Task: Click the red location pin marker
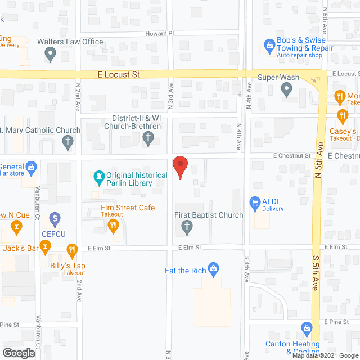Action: tap(180, 167)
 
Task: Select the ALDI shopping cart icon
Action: tap(255, 202)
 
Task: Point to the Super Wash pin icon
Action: tap(286, 89)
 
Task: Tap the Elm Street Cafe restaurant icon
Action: tap(113, 226)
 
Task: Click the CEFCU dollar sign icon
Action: tap(55, 218)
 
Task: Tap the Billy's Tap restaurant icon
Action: tap(72, 249)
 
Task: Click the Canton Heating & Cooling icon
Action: tap(307, 327)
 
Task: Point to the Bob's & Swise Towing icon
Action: tap(269, 44)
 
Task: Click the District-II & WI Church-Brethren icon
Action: tap(148, 138)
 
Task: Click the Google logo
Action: tap(18, 353)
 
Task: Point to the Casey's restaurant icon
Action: tap(343, 116)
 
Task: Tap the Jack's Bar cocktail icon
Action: tap(16, 228)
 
